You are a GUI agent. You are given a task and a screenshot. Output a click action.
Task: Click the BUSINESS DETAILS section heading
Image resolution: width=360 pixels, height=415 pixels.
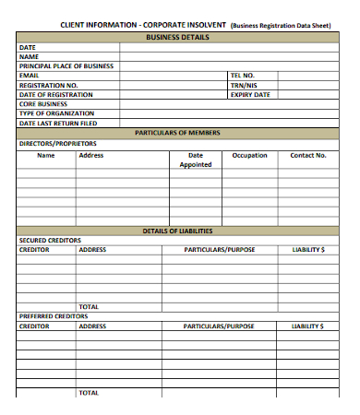coord(178,37)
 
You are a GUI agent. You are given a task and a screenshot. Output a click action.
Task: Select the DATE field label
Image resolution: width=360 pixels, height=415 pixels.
coord(28,47)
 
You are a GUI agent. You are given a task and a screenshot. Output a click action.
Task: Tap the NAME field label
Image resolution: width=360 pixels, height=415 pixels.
coord(29,56)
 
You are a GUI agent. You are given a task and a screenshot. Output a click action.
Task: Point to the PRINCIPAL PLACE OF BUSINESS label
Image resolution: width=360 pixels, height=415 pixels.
coord(66,66)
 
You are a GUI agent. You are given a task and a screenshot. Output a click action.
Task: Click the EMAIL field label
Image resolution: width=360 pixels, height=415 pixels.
coord(30,76)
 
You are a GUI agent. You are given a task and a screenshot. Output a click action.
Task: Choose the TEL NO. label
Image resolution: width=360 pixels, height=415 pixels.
coord(243,76)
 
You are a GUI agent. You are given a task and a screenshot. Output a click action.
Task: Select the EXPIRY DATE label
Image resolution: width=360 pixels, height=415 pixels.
coord(250,94)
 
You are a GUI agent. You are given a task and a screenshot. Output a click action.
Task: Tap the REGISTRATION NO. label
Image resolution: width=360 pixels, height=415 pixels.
coord(48,85)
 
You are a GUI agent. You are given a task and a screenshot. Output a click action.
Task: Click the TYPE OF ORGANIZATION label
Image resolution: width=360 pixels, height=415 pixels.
coord(57,113)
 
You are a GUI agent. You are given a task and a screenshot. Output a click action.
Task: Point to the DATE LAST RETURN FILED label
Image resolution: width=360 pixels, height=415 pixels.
coord(58,123)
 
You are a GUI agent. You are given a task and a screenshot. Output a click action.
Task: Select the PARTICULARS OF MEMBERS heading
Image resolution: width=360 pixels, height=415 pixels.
coord(178,133)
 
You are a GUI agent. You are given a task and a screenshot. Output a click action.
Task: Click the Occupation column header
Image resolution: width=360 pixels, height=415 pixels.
coord(249,155)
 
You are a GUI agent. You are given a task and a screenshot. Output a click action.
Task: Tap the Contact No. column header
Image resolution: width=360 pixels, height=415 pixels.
coord(308,155)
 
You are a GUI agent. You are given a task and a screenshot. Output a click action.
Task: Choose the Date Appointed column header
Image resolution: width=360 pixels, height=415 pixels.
coord(196,160)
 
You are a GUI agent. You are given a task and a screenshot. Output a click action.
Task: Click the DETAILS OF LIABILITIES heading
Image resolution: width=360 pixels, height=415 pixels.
coord(178,231)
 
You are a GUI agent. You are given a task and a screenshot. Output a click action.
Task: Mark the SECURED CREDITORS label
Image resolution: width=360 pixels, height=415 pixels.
coord(50,240)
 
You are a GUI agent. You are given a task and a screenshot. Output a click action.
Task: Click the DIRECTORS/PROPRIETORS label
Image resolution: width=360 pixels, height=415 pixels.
coord(57,143)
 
